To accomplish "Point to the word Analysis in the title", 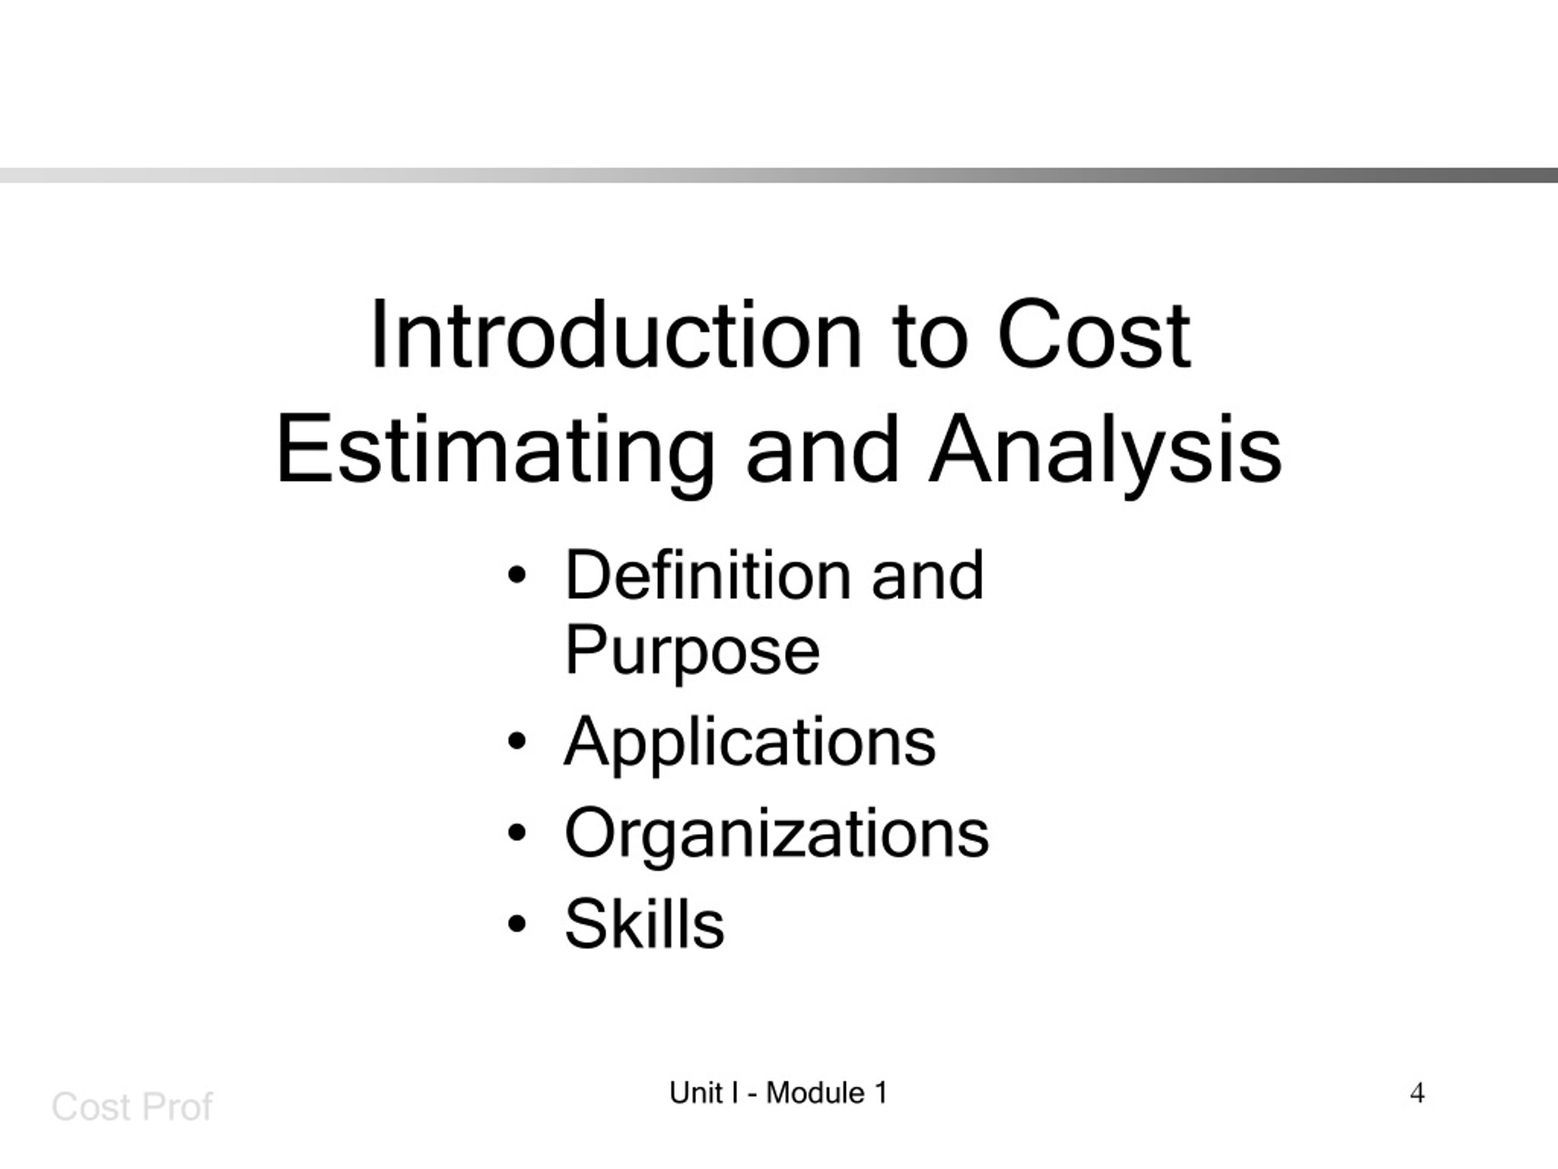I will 1105,451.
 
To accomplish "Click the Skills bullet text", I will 645,924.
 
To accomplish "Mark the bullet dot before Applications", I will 517,742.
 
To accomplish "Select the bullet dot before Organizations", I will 517,833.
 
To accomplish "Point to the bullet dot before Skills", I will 517,924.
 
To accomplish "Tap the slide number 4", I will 1417,1094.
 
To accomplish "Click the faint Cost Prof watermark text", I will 131,1107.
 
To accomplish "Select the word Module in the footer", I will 815,1094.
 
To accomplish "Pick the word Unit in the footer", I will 696,1094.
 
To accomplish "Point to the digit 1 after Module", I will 881,1094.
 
